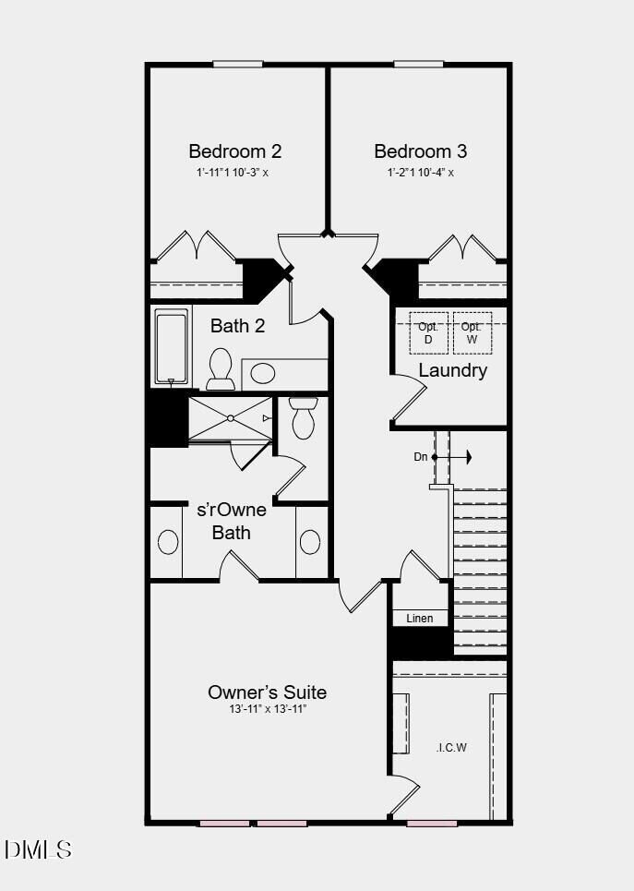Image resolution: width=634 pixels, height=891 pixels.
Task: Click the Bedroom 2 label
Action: (x=235, y=151)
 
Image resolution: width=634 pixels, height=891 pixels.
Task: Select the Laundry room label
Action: (x=452, y=370)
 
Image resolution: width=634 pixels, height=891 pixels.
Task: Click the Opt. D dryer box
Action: (x=428, y=332)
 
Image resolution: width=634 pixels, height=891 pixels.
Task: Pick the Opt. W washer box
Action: (x=472, y=332)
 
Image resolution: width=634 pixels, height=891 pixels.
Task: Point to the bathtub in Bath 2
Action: (x=172, y=347)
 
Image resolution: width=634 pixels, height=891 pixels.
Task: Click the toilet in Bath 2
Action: (x=221, y=367)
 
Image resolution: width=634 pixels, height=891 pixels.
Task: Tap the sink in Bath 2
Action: (x=264, y=374)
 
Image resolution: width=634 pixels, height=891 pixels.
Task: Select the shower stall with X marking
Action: (x=230, y=418)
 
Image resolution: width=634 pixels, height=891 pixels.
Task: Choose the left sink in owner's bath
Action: (x=168, y=542)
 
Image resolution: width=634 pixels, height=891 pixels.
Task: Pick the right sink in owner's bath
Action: (x=310, y=542)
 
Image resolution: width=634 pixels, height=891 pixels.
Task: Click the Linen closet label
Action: (x=420, y=618)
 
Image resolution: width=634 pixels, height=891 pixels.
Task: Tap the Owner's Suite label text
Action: (x=267, y=692)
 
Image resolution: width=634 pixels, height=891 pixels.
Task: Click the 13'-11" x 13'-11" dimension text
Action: (x=267, y=709)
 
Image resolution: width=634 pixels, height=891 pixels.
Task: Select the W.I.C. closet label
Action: (x=451, y=747)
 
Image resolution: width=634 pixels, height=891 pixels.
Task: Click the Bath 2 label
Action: (x=237, y=326)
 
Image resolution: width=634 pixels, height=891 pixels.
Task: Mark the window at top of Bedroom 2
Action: (x=239, y=64)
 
